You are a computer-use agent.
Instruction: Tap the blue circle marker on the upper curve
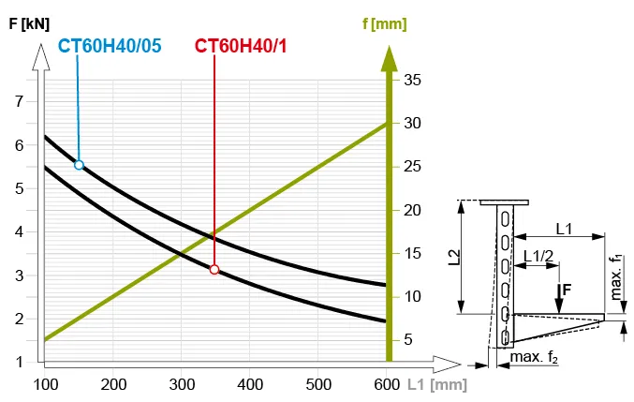79,165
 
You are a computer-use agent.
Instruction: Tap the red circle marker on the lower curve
214,270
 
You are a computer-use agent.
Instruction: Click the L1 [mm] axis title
437,384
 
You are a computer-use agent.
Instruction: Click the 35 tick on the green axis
411,80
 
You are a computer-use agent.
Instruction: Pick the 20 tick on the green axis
411,210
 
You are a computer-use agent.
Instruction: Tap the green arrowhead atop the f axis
387,56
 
